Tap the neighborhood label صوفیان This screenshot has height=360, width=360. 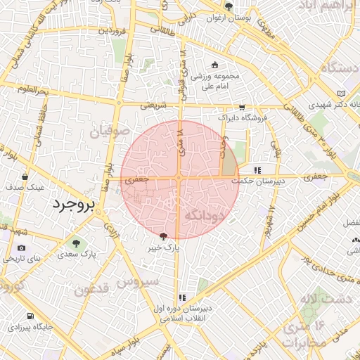tap(110, 132)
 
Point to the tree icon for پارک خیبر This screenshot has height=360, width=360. tap(164, 238)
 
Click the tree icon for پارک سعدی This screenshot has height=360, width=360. tap(75, 244)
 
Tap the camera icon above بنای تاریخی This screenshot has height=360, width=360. tap(22, 248)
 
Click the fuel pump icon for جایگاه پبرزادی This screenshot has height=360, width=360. tap(30, 316)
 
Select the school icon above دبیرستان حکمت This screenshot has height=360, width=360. tap(257, 169)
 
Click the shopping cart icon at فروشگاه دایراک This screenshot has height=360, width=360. tap(242, 108)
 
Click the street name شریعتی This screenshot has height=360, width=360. tap(154, 105)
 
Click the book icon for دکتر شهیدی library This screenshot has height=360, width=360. tap(342, 93)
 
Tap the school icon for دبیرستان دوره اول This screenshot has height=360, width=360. tap(183, 297)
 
